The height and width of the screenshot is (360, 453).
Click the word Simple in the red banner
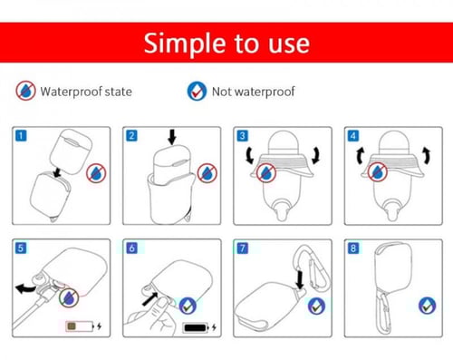coord(185,44)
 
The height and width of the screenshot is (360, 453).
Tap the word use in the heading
coord(289,44)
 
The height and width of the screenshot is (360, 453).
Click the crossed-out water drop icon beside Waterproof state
coord(25,91)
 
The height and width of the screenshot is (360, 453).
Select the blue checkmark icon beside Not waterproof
coord(197,91)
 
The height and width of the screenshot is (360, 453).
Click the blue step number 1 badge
coord(21,135)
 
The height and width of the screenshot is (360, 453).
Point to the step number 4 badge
coord(353,136)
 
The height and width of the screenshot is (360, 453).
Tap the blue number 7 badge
coord(243,248)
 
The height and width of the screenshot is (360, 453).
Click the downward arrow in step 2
coord(172,137)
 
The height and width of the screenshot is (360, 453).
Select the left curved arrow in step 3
coord(250,155)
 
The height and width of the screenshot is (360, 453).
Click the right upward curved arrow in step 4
coord(426,155)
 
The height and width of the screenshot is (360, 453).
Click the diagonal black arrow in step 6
coord(150,298)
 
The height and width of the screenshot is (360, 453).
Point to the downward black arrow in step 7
coord(300,280)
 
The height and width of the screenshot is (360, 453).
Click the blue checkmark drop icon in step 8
coord(427,306)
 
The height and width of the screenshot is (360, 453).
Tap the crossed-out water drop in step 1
coord(96,173)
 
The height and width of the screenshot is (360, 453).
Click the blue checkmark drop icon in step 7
coord(316,306)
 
